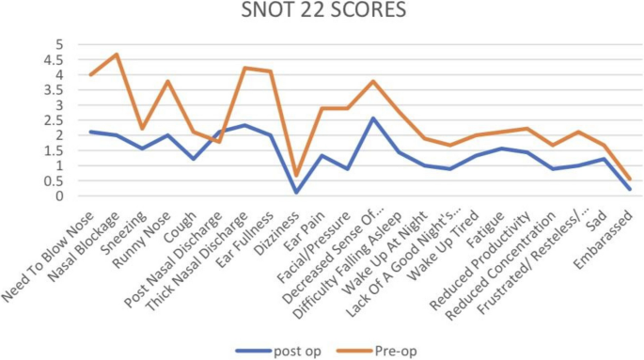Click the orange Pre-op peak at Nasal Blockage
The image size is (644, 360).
pyautogui.click(x=117, y=55)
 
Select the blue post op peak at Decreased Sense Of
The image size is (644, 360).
pyautogui.click(x=373, y=118)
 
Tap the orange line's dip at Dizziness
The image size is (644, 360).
pyautogui.click(x=296, y=175)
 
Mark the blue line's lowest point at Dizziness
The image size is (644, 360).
pyautogui.click(x=296, y=192)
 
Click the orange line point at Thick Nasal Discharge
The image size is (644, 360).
pyautogui.click(x=244, y=68)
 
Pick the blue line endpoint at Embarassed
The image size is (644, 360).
pyautogui.click(x=630, y=189)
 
